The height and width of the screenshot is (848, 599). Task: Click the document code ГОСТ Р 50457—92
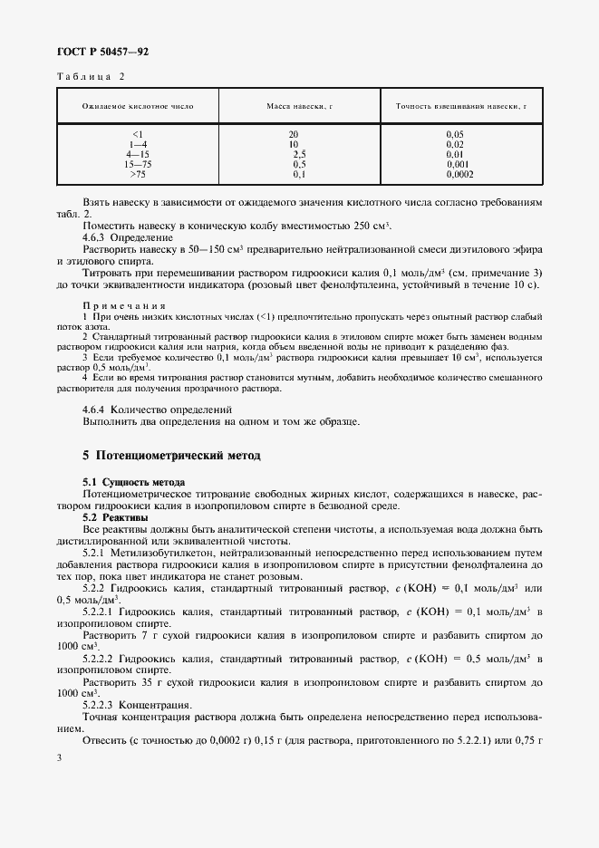point(102,53)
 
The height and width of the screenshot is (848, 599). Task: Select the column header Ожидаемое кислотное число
point(138,106)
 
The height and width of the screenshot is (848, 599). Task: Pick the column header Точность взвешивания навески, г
point(461,106)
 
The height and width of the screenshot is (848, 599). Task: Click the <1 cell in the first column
point(138,134)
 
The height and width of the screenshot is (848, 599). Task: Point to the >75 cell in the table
point(138,174)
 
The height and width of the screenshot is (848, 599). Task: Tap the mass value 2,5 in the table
point(299,154)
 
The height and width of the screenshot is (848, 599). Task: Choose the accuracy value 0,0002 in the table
point(459,174)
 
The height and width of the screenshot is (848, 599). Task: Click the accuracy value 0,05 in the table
point(455,134)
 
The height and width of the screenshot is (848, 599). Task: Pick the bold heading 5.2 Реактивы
point(114,516)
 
